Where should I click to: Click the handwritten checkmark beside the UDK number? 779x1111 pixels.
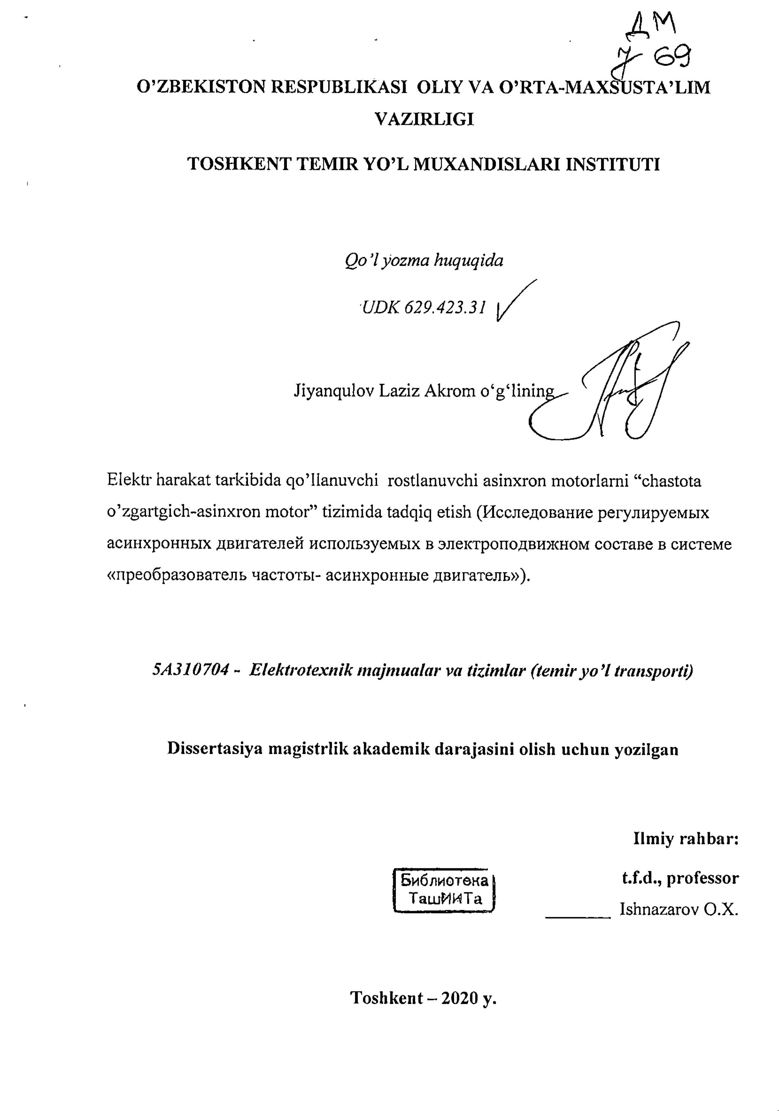515,301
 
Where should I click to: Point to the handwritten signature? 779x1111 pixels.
624,387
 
